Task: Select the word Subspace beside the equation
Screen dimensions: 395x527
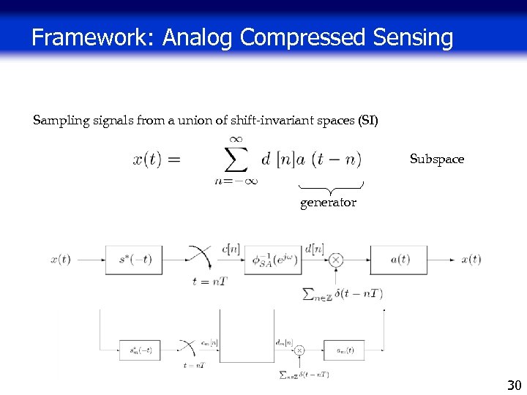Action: [x=437, y=159]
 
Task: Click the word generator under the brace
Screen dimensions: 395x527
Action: [x=328, y=203]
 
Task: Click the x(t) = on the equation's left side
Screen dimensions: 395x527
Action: [x=157, y=159]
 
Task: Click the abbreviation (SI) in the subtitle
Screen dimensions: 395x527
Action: [x=367, y=119]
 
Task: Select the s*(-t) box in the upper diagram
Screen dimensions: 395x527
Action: [x=133, y=260]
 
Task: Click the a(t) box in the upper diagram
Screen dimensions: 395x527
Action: [x=399, y=260]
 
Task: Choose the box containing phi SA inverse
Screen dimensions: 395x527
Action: [x=274, y=260]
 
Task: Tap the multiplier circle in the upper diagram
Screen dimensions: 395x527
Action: [x=336, y=260]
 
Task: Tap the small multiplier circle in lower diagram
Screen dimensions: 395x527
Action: [x=299, y=351]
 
